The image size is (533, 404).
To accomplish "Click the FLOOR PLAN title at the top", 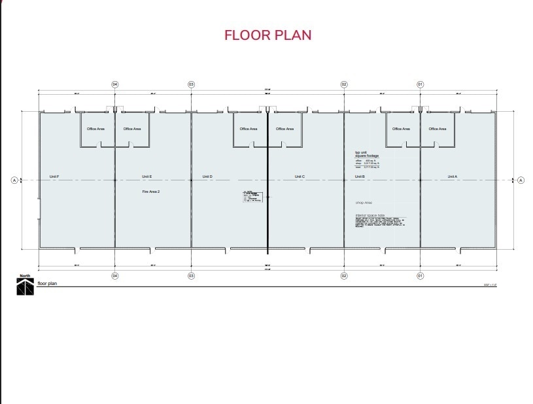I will click(x=267, y=35).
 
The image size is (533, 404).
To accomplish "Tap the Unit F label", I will click(x=54, y=177).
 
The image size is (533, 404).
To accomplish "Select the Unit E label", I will click(x=146, y=177).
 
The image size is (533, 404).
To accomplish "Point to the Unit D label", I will click(x=207, y=177).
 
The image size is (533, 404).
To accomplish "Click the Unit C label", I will click(x=300, y=177).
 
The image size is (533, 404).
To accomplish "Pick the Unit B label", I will click(x=360, y=177).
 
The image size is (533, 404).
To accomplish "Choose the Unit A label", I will click(x=452, y=177).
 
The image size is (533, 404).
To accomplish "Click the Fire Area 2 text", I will click(x=151, y=192).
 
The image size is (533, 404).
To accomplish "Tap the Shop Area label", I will click(x=364, y=203).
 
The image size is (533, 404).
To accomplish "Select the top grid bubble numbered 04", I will click(x=115, y=84).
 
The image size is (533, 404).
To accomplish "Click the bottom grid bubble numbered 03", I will click(x=192, y=276).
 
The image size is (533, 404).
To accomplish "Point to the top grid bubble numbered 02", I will click(x=344, y=84).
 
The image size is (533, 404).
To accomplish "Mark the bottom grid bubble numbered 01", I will click(x=421, y=276).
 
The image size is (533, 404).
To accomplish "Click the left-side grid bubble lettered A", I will click(x=14, y=180).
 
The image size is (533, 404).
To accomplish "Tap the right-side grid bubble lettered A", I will click(x=521, y=180).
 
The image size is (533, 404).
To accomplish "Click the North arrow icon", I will click(x=25, y=287).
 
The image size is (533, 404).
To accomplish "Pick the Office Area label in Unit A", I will click(x=438, y=129).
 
